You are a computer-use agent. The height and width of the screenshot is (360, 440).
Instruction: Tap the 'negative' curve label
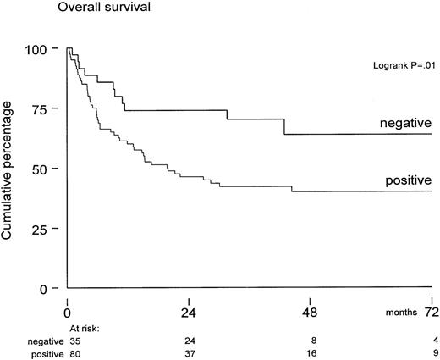pos(404,124)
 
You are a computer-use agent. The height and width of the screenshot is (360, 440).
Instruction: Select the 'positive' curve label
pos(407,180)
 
